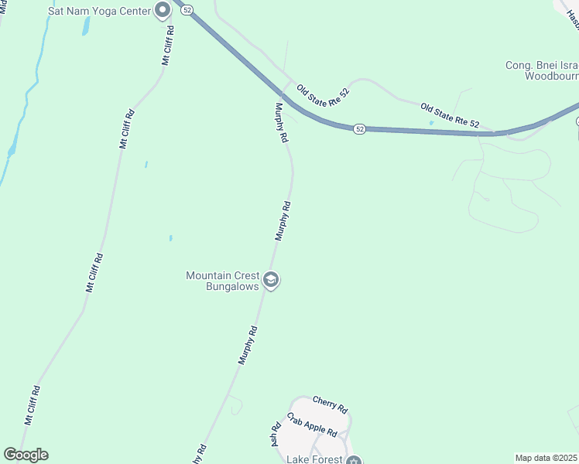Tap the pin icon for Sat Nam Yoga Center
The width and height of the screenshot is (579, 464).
(x=163, y=10)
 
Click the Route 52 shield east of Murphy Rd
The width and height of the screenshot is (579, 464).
(x=360, y=129)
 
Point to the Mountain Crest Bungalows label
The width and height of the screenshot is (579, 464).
(x=223, y=281)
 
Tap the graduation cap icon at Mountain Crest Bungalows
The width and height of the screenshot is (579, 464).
(x=271, y=280)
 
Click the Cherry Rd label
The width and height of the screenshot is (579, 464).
(x=331, y=404)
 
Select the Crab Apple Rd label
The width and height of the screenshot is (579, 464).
(x=312, y=424)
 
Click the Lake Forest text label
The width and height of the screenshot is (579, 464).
(x=314, y=459)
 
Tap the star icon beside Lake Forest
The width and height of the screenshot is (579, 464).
(x=354, y=461)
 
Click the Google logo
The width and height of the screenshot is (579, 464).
(x=26, y=455)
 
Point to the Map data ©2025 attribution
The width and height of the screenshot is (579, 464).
(x=546, y=458)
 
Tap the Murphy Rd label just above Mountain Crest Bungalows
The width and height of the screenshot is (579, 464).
(x=283, y=221)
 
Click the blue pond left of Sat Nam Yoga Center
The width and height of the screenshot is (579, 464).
(x=86, y=26)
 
